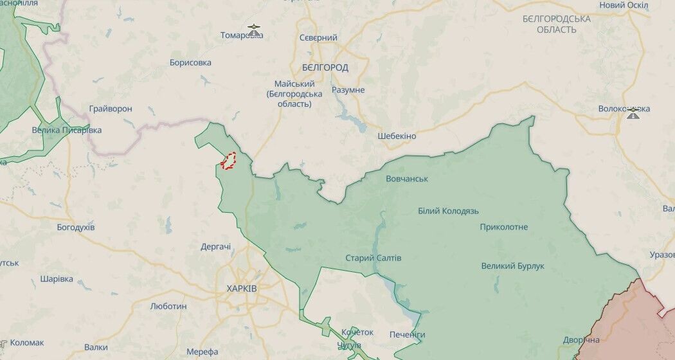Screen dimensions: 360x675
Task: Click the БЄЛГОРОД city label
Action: pyautogui.click(x=325, y=67)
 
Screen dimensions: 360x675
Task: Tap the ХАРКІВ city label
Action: pyautogui.click(x=242, y=289)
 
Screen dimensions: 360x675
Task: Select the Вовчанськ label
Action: pyautogui.click(x=407, y=179)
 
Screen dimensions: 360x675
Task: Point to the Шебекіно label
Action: pyautogui.click(x=397, y=136)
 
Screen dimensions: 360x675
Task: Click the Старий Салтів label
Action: pyautogui.click(x=373, y=258)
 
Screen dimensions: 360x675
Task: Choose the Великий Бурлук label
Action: pyautogui.click(x=512, y=266)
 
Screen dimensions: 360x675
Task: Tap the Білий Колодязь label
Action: pyautogui.click(x=448, y=211)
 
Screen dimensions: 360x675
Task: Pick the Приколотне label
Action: pyautogui.click(x=503, y=227)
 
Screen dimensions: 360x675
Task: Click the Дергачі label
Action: pyautogui.click(x=215, y=246)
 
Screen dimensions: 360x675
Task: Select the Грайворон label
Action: pyautogui.click(x=111, y=109)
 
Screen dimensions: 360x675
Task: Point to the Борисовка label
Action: pyautogui.click(x=190, y=63)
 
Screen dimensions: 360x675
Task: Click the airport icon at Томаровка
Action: pyautogui.click(x=255, y=29)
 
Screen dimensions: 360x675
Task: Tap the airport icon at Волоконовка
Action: pyautogui.click(x=633, y=113)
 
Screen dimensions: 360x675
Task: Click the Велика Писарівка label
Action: pyautogui.click(x=67, y=130)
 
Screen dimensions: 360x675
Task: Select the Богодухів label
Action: pyautogui.click(x=76, y=228)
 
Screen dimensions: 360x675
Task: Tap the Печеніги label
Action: pyautogui.click(x=407, y=335)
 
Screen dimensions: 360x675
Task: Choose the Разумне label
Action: pyautogui.click(x=348, y=90)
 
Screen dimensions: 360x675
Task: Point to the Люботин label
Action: pyautogui.click(x=168, y=306)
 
